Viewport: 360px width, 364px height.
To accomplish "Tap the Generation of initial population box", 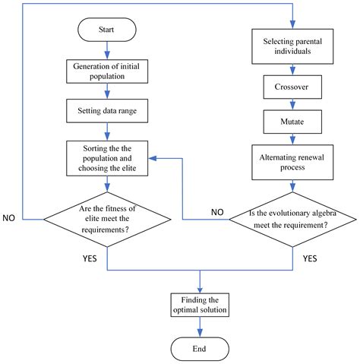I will pyautogui.click(x=107, y=70).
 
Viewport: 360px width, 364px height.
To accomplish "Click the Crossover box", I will pyautogui.click(x=292, y=87).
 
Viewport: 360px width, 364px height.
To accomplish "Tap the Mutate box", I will pyautogui.click(x=292, y=121).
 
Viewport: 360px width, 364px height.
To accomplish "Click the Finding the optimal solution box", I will pyautogui.click(x=200, y=305).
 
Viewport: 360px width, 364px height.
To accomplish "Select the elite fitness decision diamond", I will pyautogui.click(x=107, y=218).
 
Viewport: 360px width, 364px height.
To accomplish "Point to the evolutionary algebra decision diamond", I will pyautogui.click(x=292, y=220).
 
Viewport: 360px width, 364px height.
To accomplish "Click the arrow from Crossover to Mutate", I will pyautogui.click(x=292, y=104).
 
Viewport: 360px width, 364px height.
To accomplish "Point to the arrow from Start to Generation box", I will pyautogui.click(x=107, y=51).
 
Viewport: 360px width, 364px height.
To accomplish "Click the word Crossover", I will pyautogui.click(x=292, y=87).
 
